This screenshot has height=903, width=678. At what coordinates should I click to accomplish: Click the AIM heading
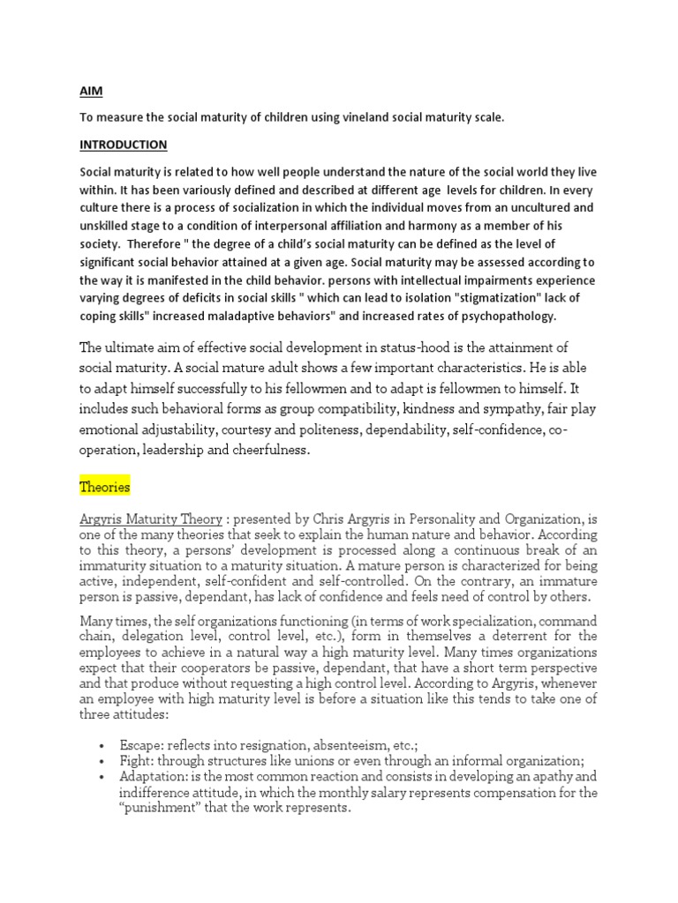(x=90, y=91)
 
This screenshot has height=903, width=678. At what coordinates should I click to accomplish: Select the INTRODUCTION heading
(x=123, y=144)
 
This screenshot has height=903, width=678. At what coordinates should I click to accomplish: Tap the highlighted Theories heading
(x=105, y=487)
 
